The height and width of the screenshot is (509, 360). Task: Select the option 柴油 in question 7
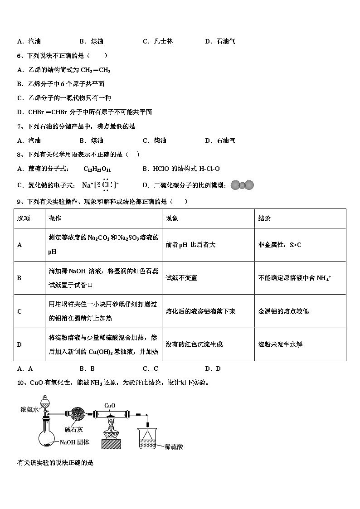pyautogui.click(x=160, y=141)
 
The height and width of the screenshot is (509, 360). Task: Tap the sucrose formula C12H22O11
pyautogui.click(x=97, y=169)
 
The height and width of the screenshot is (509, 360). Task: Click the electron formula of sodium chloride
pyautogui.click(x=100, y=185)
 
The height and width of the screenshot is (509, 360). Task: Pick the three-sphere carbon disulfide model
pyautogui.click(x=242, y=185)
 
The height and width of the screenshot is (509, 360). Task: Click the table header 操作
pyautogui.click(x=55, y=218)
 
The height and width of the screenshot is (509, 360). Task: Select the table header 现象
pyautogui.click(x=172, y=218)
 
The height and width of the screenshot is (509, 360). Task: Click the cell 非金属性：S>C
pyautogui.click(x=280, y=245)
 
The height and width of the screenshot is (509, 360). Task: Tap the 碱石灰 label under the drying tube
pyautogui.click(x=73, y=429)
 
